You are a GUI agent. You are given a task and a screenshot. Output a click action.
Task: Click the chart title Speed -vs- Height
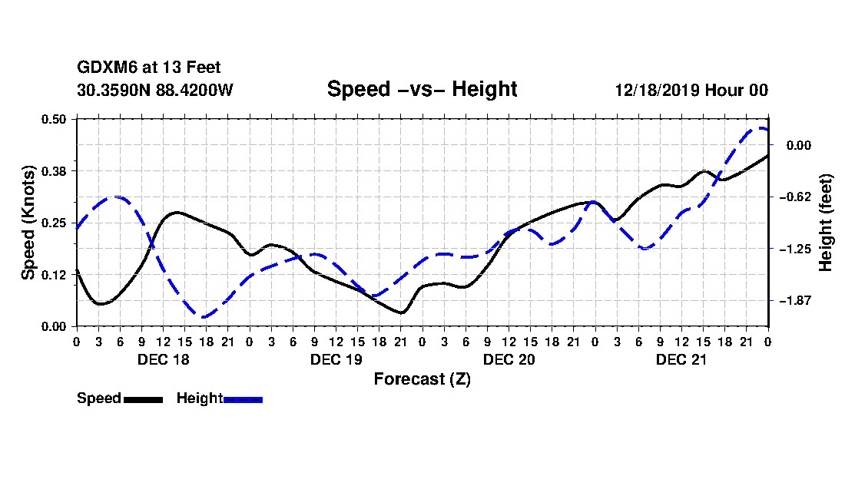click(x=422, y=89)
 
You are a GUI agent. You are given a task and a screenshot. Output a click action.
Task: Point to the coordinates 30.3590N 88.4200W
click(x=155, y=90)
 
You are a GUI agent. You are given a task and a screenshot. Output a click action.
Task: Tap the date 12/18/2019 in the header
click(x=654, y=90)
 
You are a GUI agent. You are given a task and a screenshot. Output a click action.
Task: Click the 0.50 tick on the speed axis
click(x=55, y=119)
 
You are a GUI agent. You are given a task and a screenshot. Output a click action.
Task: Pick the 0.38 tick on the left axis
click(x=55, y=170)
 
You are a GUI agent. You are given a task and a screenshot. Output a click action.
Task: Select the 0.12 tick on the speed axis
click(x=55, y=274)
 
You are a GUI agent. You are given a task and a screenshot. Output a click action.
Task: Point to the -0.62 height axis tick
click(x=797, y=197)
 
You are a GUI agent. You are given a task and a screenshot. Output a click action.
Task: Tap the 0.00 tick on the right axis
click(x=799, y=145)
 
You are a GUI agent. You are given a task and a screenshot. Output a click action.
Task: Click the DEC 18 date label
click(x=163, y=359)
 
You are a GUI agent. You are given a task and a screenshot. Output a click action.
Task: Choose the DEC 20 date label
click(x=509, y=359)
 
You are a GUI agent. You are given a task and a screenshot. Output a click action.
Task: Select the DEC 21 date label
click(x=681, y=359)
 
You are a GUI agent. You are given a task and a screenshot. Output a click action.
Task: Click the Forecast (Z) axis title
click(x=422, y=378)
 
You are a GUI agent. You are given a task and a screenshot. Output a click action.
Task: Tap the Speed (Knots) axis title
click(x=28, y=223)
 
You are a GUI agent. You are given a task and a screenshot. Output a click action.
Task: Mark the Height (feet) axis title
click(x=827, y=223)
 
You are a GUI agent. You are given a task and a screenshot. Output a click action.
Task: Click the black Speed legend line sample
click(x=143, y=399)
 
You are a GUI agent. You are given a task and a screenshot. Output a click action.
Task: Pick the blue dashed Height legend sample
click(x=243, y=399)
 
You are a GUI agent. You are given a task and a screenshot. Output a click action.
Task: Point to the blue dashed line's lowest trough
click(x=204, y=316)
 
